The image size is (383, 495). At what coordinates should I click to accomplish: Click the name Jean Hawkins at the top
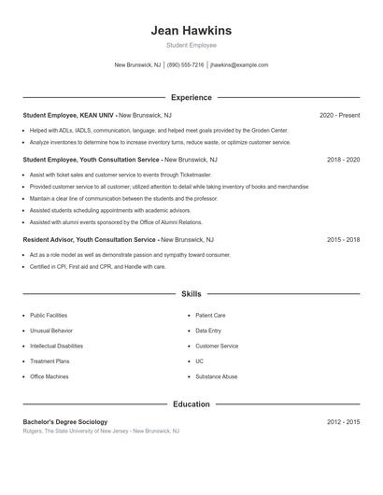tap(191, 31)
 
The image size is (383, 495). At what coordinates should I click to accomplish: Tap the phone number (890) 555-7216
tap(185, 65)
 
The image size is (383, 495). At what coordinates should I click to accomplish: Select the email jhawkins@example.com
tap(239, 65)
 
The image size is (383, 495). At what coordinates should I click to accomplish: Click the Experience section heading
tap(191, 97)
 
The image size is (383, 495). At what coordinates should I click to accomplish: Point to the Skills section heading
tap(191, 293)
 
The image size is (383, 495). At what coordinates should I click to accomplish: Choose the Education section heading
tap(191, 404)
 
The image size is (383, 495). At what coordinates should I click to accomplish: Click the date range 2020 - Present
tap(339, 115)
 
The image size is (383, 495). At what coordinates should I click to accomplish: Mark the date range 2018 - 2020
tap(343, 160)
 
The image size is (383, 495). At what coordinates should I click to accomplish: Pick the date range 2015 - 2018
tap(343, 240)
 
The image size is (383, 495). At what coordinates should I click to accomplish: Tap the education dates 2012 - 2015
tap(343, 422)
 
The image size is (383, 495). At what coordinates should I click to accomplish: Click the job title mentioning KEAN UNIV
tap(69, 115)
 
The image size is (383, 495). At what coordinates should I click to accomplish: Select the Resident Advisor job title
tap(90, 240)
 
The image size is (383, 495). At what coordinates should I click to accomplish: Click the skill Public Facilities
tap(49, 316)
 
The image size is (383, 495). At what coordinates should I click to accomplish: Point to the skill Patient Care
tap(210, 316)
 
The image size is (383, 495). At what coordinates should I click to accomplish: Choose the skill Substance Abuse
tap(216, 376)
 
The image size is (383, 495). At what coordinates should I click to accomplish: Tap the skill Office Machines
tap(49, 376)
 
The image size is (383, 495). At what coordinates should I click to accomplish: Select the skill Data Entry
tap(208, 331)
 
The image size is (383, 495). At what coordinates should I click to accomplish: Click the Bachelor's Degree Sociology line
tap(65, 422)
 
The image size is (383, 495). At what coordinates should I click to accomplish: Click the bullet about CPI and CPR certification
tap(97, 267)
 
